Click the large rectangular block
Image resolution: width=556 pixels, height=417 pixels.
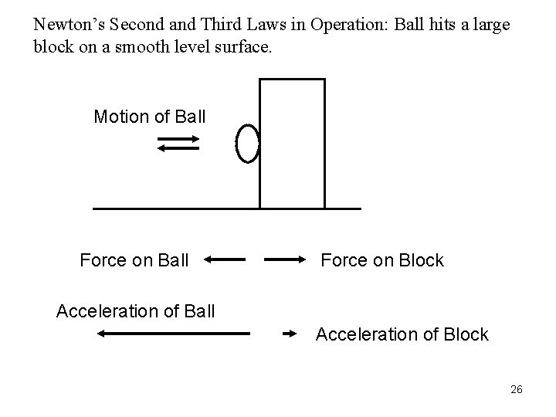(x=292, y=144)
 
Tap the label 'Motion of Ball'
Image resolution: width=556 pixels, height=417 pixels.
(x=150, y=117)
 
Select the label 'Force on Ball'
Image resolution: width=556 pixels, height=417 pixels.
(x=134, y=260)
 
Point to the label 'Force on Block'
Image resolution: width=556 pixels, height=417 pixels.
(x=382, y=260)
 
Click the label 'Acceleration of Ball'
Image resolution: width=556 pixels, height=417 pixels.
(x=136, y=311)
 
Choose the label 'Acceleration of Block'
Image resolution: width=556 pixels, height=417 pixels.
(x=402, y=334)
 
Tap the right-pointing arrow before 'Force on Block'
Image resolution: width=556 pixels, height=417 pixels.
(x=286, y=260)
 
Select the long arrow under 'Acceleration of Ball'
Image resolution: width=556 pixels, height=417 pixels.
(x=175, y=334)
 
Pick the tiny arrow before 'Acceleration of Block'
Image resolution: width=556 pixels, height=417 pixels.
(x=290, y=334)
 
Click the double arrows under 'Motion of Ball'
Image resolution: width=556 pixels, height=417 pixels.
(x=178, y=144)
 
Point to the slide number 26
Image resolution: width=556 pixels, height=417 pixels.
(x=516, y=389)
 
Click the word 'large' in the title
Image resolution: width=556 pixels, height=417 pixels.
(x=493, y=23)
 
